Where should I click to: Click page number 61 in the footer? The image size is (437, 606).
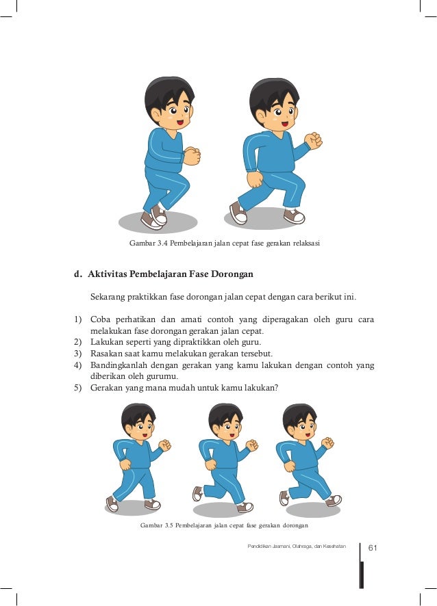pos(373,548)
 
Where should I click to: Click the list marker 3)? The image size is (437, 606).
pos(78,354)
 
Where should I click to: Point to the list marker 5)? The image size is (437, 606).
pos(78,388)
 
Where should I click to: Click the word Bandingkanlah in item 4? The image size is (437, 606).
pos(118,365)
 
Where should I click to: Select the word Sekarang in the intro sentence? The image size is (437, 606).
pos(108,298)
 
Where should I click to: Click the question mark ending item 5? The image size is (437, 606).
pos(276,388)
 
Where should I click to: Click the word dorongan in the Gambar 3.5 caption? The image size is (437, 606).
pos(295,525)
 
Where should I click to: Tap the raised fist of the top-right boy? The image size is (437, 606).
pos(313,140)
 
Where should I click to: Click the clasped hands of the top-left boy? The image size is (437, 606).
pos(191,156)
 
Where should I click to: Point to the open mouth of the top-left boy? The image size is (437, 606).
pos(180,122)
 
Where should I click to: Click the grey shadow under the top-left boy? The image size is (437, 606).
pos(158,222)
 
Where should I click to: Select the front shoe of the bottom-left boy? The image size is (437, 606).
pos(153,504)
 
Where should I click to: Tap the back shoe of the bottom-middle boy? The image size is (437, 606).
pos(197,494)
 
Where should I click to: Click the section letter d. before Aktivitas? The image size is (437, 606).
pos(78,274)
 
